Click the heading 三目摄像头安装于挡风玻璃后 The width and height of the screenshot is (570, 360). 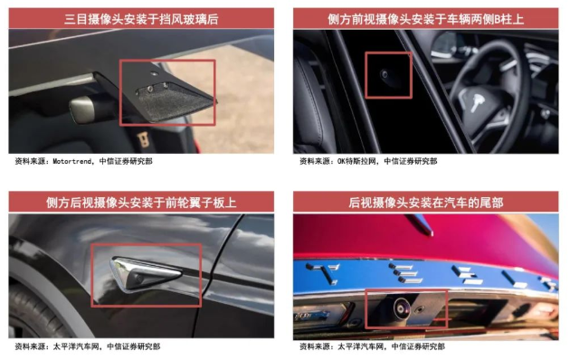tap(141, 19)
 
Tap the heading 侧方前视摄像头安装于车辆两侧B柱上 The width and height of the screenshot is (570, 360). tap(425, 19)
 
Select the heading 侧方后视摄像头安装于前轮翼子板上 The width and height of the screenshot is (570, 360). tap(141, 203)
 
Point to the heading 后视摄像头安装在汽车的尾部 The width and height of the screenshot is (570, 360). tap(425, 203)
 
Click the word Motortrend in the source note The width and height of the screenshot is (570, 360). tap(72, 161)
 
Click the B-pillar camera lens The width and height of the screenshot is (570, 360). tap(384, 74)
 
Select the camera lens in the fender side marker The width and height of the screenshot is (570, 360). tap(138, 279)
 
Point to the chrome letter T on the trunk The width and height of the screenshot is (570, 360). tap(322, 272)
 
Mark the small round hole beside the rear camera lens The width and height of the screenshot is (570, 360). tap(420, 309)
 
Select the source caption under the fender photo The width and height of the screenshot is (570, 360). tap(88, 346)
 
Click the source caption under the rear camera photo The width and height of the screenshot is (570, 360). tap(372, 346)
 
